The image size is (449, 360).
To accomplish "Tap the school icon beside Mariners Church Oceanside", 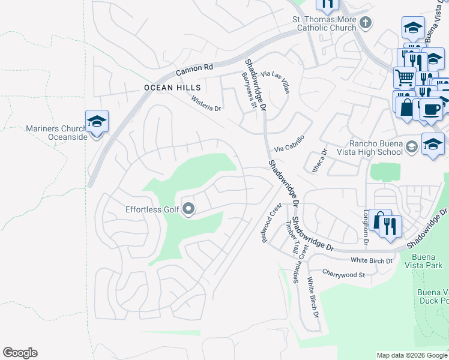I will pyautogui.click(x=96, y=122).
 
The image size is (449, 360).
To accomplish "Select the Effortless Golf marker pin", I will pyautogui.click(x=188, y=209).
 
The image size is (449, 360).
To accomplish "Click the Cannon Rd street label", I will pyautogui.click(x=194, y=70).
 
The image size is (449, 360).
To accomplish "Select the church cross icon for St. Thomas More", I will pyautogui.click(x=366, y=23).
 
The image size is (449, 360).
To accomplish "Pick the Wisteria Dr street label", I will pyautogui.click(x=206, y=104).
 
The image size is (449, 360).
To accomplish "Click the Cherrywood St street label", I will pyautogui.click(x=343, y=274).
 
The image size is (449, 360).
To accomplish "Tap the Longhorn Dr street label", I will pyautogui.click(x=366, y=227).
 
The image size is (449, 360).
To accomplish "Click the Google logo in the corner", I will pyautogui.click(x=20, y=353).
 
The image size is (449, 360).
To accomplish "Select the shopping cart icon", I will pyautogui.click(x=405, y=77).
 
